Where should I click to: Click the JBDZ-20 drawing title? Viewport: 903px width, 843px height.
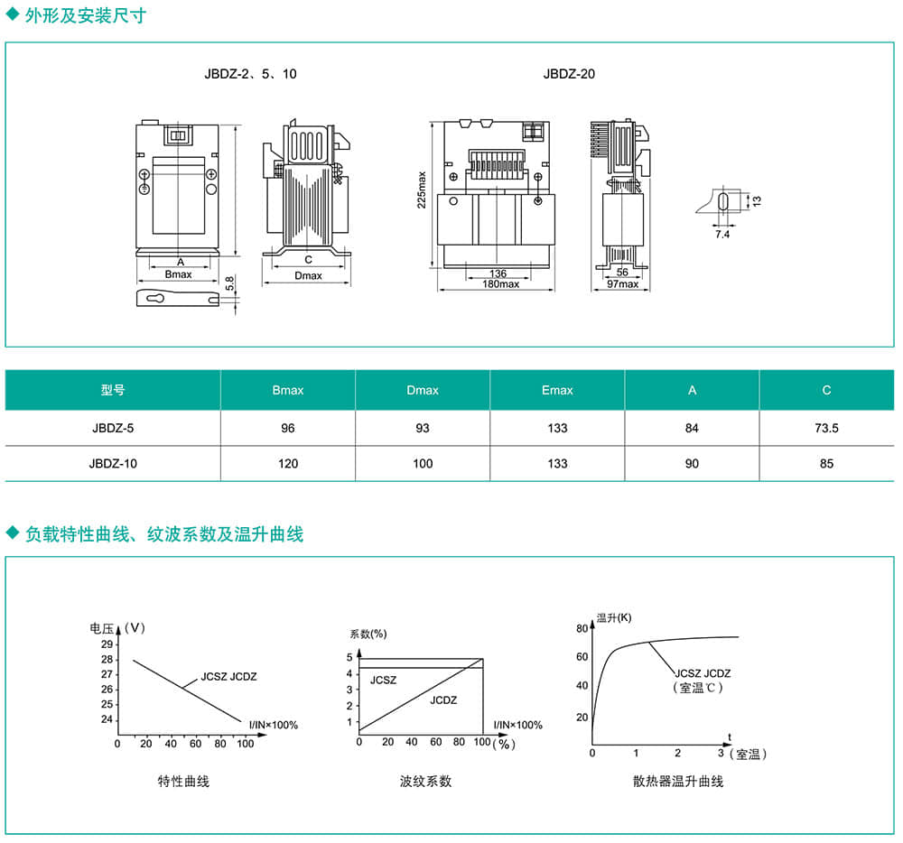pos(569,74)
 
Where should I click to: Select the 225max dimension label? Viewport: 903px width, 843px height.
pos(421,189)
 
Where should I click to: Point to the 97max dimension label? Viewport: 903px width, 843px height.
pos(622,284)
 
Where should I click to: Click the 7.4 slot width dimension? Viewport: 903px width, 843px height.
pos(721,234)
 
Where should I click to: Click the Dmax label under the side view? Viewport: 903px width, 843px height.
pos(308,275)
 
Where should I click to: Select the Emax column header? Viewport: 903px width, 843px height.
pos(557,390)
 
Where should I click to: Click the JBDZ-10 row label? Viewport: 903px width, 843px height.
pos(113,463)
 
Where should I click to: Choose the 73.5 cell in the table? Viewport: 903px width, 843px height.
pos(826,427)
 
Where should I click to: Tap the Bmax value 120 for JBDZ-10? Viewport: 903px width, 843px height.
pos(288,463)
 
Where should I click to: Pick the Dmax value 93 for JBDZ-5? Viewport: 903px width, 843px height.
pos(423,427)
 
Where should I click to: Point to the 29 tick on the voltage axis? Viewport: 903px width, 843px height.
pos(107,644)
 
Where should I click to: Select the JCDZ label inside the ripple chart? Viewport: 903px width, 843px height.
pos(443,699)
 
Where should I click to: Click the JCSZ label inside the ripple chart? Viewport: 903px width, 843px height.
pos(383,680)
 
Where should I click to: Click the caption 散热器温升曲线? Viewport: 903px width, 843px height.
pos(678,781)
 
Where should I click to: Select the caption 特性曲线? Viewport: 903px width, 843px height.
pos(183,781)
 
